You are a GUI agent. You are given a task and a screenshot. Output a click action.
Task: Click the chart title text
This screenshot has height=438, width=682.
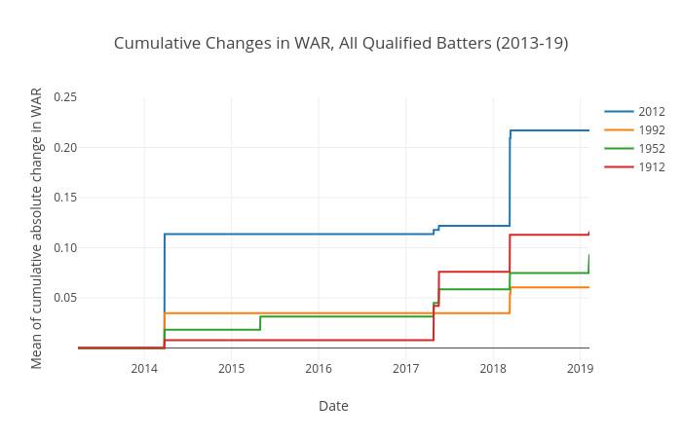pyautogui.click(x=341, y=43)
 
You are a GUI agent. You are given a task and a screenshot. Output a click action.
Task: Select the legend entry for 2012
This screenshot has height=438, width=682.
pyautogui.click(x=651, y=112)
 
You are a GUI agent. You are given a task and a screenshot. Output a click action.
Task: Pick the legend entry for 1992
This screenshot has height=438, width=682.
pyautogui.click(x=651, y=130)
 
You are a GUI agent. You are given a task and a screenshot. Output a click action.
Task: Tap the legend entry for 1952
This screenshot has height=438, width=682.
pyautogui.click(x=651, y=149)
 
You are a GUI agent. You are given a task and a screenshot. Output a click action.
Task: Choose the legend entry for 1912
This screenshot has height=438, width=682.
pyautogui.click(x=651, y=167)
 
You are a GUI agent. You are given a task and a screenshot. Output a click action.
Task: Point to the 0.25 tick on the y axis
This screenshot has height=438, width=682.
pyautogui.click(x=65, y=96)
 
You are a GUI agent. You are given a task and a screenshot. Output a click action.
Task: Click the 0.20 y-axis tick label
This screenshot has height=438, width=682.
pyautogui.click(x=65, y=147)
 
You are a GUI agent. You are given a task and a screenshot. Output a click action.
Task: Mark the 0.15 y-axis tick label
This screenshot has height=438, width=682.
pyautogui.click(x=65, y=198)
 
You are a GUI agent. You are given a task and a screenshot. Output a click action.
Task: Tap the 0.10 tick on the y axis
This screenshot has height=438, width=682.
pyautogui.click(x=65, y=247)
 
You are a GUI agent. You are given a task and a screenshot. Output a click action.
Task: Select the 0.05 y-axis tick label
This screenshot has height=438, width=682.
pyautogui.click(x=65, y=298)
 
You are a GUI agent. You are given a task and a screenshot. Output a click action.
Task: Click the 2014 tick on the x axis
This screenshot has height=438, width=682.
pyautogui.click(x=144, y=368)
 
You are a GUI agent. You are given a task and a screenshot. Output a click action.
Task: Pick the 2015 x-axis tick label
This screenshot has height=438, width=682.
pyautogui.click(x=232, y=368)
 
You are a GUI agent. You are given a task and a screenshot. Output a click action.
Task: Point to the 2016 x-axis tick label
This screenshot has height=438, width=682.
pyautogui.click(x=319, y=368)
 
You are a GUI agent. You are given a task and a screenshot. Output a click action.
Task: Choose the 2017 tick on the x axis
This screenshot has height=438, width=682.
pyautogui.click(x=406, y=368)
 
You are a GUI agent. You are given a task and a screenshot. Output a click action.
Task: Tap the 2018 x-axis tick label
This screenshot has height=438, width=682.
pyautogui.click(x=493, y=368)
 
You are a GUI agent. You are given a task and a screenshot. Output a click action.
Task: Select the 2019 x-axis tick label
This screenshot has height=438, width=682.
pyautogui.click(x=580, y=368)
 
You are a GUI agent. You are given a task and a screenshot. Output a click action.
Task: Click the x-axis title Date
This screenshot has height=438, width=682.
pyautogui.click(x=333, y=406)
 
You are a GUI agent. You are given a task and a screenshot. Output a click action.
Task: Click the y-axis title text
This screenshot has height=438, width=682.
pyautogui.click(x=37, y=229)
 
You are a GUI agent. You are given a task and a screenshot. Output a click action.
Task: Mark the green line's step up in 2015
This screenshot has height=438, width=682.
pyautogui.click(x=260, y=323)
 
